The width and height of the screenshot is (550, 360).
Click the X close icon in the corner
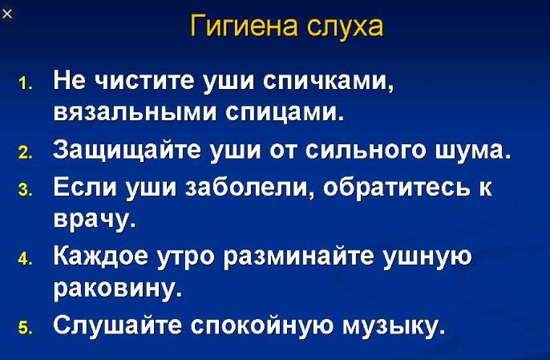click(x=7, y=14)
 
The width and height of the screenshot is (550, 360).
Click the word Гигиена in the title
click(x=244, y=26)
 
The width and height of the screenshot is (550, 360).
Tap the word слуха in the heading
click(x=345, y=26)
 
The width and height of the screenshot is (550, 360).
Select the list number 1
click(x=25, y=84)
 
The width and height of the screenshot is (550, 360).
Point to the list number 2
click(x=25, y=153)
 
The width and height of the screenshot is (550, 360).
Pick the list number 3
click(x=25, y=190)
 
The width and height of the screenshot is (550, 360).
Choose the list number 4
click(x=25, y=259)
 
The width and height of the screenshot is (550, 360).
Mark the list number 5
click(x=25, y=328)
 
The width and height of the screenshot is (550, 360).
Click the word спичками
click(x=328, y=81)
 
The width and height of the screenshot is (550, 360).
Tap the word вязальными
click(x=135, y=112)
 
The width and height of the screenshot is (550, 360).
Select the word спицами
click(x=284, y=113)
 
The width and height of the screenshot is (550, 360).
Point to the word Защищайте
click(x=127, y=150)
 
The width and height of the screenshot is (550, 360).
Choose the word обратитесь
click(x=396, y=186)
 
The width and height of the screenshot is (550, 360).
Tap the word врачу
click(x=95, y=220)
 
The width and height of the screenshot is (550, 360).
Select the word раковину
click(x=118, y=289)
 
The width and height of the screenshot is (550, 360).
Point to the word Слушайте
click(x=118, y=325)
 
